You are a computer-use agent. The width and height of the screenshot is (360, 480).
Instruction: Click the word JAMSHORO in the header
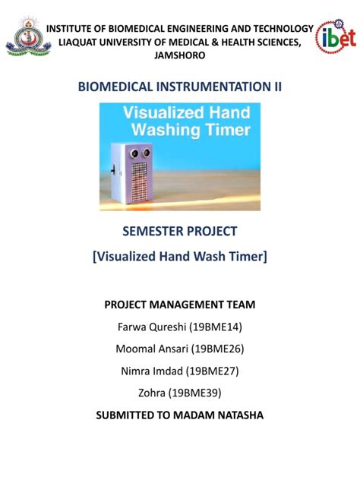click(179, 55)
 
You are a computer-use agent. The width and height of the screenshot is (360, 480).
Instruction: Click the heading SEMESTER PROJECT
click(180, 231)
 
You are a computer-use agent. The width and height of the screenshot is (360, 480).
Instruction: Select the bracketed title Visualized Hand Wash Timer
click(180, 257)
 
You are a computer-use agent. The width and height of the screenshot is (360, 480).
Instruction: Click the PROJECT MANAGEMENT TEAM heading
click(180, 305)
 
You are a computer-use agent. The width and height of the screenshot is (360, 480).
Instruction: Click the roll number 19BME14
click(216, 327)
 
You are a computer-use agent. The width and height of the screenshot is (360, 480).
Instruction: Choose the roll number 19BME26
click(218, 349)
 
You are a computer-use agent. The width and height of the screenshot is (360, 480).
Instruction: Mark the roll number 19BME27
click(216, 371)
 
